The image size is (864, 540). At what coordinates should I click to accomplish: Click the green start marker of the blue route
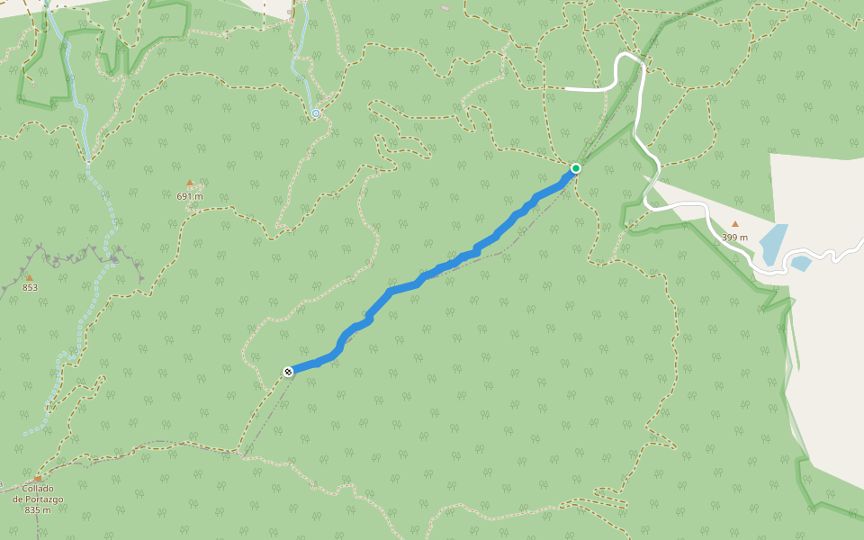(x=575, y=168)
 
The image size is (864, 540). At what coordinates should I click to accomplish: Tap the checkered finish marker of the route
(x=288, y=371)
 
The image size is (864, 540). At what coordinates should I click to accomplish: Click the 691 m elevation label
(x=190, y=196)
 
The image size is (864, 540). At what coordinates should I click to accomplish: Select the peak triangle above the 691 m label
(x=190, y=184)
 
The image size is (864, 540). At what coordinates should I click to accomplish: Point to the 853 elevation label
(x=30, y=288)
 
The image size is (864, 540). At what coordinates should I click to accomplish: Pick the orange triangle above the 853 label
(x=29, y=277)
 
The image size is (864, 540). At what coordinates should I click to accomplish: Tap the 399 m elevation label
(x=734, y=238)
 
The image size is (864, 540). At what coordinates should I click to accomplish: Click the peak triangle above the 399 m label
(x=734, y=225)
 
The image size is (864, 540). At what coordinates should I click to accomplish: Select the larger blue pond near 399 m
(x=773, y=244)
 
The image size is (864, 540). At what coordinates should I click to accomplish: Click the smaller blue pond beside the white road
(x=800, y=264)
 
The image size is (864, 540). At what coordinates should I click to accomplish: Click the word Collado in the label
(x=39, y=489)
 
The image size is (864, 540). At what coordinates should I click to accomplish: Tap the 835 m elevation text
(x=38, y=510)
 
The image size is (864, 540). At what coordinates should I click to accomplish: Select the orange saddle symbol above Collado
(x=38, y=479)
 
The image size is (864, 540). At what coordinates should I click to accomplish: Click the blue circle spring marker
(x=316, y=113)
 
